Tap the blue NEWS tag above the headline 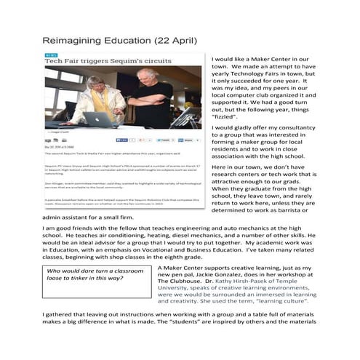[x=50, y=54]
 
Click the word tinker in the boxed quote [x=78, y=278]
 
